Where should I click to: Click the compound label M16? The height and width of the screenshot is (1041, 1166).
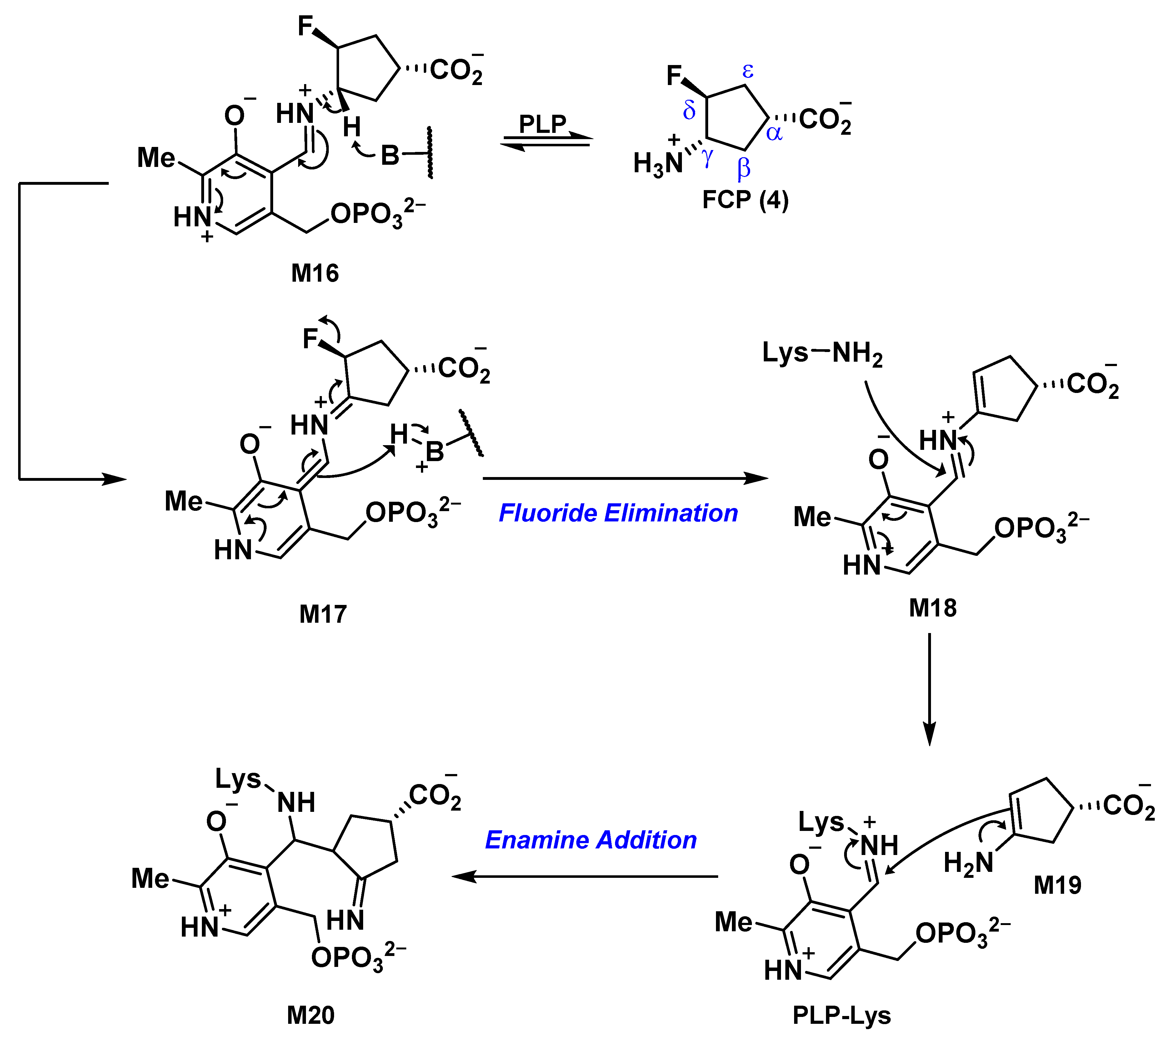[314, 274]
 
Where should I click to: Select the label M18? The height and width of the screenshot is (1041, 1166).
[933, 607]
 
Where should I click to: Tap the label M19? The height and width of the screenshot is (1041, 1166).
[1057, 885]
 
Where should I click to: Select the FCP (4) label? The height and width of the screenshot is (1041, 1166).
[745, 200]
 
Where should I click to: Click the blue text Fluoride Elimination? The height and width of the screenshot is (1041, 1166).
[618, 512]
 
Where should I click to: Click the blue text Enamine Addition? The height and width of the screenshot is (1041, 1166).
[591, 840]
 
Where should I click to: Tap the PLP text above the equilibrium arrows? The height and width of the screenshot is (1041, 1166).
[542, 123]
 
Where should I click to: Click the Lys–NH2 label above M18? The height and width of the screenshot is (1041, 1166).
[822, 353]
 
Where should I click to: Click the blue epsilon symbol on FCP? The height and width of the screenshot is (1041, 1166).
[748, 72]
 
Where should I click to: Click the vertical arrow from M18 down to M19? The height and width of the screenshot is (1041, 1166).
[929, 689]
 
